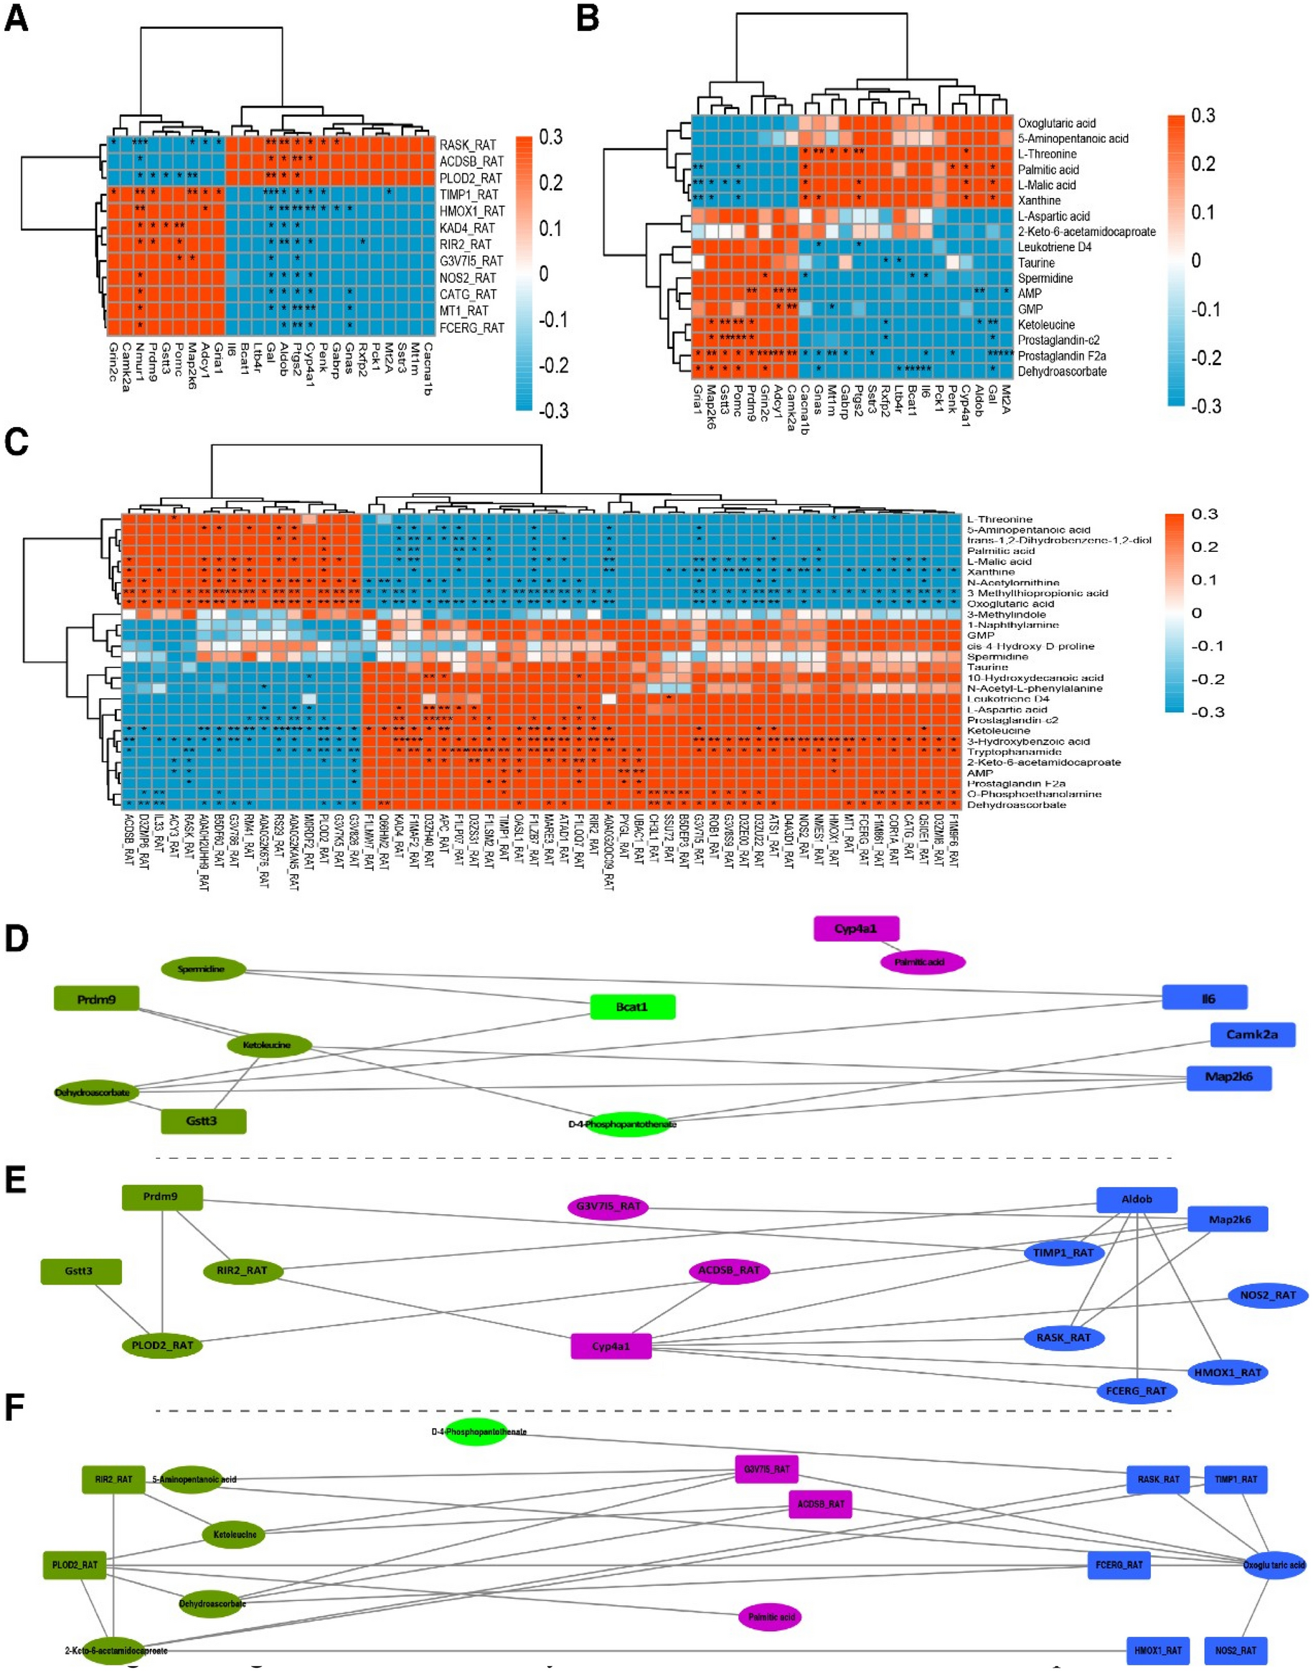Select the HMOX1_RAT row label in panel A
[x=471, y=212]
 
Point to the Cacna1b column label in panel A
[x=427, y=369]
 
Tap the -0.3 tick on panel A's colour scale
[x=554, y=410]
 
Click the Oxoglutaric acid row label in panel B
[x=1056, y=123]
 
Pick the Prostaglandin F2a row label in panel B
[x=1062, y=356]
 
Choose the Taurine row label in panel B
[x=1035, y=263]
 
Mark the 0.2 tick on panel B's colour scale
[x=1203, y=164]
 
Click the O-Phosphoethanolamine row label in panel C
[x=1034, y=794]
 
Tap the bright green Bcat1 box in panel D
[x=632, y=1007]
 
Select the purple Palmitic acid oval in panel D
[x=922, y=962]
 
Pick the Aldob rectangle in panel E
[x=1136, y=1199]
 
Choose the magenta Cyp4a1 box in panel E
[x=611, y=1346]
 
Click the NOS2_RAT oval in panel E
[x=1268, y=1295]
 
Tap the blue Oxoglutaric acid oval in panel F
[x=1273, y=1564]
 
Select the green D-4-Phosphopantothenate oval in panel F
[x=477, y=1432]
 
